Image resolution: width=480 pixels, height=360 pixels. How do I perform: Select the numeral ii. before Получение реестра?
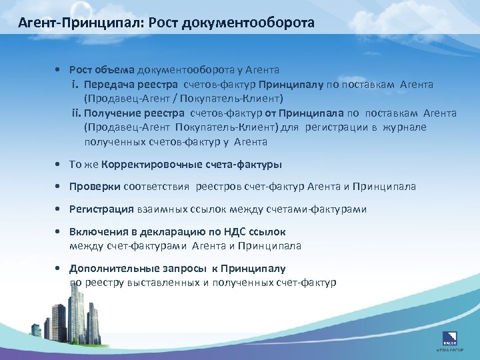pos(77,113)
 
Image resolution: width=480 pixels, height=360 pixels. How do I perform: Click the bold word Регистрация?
pos(102,209)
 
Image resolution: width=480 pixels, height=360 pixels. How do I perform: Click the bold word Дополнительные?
pos(114,269)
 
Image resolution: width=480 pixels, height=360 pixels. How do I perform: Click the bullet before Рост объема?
pos(61,70)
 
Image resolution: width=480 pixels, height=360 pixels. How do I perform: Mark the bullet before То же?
pos(61,164)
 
